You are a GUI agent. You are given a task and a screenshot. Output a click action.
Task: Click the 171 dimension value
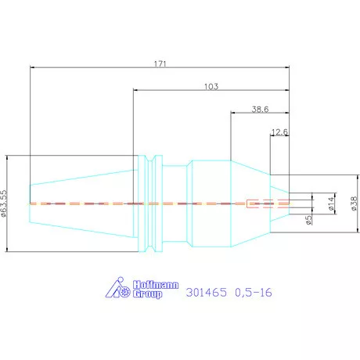pos(160,64)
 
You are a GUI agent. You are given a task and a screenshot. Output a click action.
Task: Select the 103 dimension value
pos(211,87)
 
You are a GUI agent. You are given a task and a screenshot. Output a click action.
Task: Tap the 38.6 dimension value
pos(260,110)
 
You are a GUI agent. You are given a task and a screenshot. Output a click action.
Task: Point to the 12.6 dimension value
pos(279,132)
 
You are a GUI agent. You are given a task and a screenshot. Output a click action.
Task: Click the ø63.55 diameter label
pos(3,203)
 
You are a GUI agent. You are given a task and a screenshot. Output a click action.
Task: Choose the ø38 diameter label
pos(354,203)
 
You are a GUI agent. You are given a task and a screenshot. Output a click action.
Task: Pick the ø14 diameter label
pos(331,203)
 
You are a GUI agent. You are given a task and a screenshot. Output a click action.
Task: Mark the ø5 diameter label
pos(308,220)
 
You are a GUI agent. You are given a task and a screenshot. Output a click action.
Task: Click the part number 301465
pos(207,292)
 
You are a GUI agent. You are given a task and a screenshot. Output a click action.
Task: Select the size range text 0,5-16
pos(254,293)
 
